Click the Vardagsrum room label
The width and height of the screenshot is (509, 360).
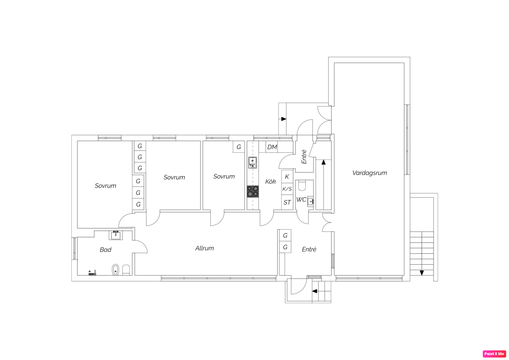pyautogui.click(x=369, y=173)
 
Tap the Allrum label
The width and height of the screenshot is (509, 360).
pyautogui.click(x=205, y=248)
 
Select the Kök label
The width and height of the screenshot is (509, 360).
pyautogui.click(x=270, y=181)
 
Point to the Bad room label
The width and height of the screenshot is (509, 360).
pyautogui.click(x=106, y=250)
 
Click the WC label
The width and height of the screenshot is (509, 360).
pyautogui.click(x=301, y=200)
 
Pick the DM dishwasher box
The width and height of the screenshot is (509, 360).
pyautogui.click(x=272, y=147)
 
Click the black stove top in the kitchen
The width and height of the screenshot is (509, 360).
pyautogui.click(x=253, y=191)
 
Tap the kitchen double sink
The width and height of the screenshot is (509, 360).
pyautogui.click(x=253, y=163)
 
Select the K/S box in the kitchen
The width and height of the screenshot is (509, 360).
pyautogui.click(x=287, y=189)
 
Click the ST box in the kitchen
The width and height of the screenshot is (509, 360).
pyautogui.click(x=287, y=202)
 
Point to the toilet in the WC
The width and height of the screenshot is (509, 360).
pyautogui.click(x=302, y=185)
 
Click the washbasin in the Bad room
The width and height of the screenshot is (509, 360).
pyautogui.click(x=116, y=235)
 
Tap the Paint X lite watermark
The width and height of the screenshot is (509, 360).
pyautogui.click(x=494, y=354)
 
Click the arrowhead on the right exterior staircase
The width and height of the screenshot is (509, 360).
pyautogui.click(x=422, y=273)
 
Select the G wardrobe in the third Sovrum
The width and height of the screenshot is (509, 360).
pyautogui.click(x=239, y=147)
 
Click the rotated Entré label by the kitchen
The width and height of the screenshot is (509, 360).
pyautogui.click(x=304, y=157)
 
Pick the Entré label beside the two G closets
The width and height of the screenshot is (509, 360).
pyautogui.click(x=309, y=249)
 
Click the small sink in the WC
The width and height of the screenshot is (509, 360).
pyautogui.click(x=310, y=201)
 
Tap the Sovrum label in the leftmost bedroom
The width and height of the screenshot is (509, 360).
pyautogui.click(x=106, y=186)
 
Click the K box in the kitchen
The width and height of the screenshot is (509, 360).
pyautogui.click(x=287, y=176)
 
